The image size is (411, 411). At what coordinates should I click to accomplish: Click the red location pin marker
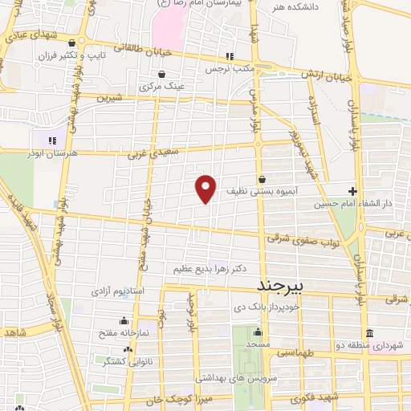coord(206,188)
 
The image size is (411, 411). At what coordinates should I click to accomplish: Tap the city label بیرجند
coord(281,286)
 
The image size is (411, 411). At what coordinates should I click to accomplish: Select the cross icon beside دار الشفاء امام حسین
coord(353,191)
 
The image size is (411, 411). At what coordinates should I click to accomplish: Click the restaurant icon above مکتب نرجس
coord(230,56)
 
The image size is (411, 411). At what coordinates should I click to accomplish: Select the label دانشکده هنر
coord(295,7)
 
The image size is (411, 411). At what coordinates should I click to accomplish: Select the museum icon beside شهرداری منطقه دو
coord(368,333)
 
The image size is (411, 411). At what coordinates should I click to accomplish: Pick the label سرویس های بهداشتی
coord(238,376)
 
